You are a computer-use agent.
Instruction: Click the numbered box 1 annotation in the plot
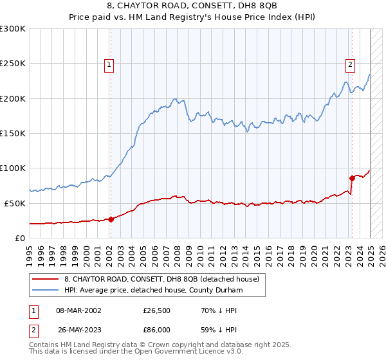point(110,64)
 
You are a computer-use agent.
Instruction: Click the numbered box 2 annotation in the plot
point(350,64)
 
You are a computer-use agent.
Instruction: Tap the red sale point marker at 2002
point(111,219)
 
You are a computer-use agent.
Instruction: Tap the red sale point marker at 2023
point(352,177)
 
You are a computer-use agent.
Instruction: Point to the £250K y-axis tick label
point(13,64)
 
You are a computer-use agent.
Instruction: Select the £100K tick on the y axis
point(13,168)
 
